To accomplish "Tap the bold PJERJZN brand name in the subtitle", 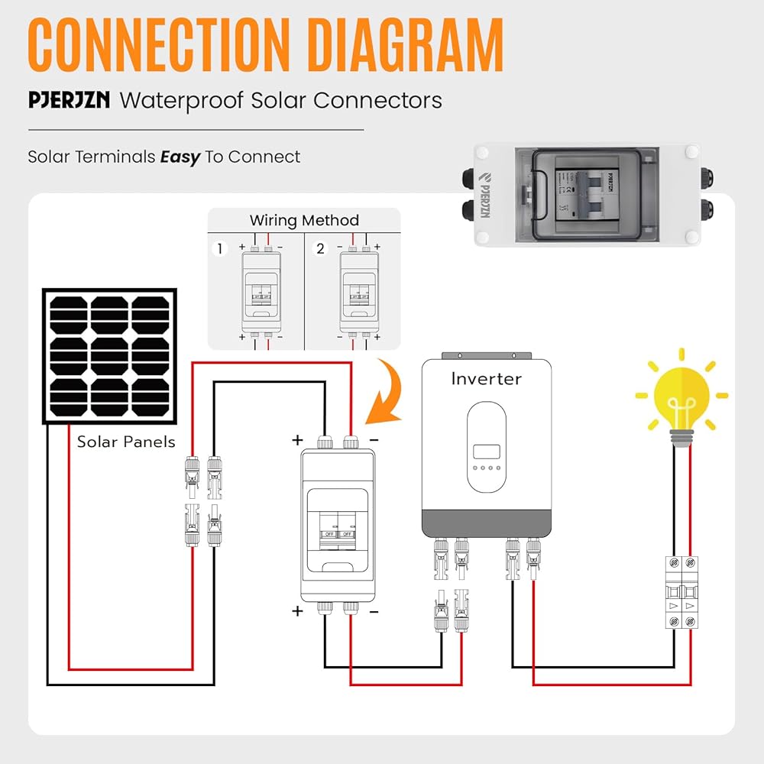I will pos(69,100).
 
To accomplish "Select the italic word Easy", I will pos(180,157).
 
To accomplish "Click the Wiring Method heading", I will pos(304,221).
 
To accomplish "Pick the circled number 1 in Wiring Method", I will pos(219,249).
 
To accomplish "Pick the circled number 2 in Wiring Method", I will pos(320,249).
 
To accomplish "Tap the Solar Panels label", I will pos(126,442).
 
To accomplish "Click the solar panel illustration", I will pos(110,355).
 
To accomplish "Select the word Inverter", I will pos(486,379).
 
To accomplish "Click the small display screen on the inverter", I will pos(486,452).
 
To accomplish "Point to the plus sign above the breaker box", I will pos(297,440).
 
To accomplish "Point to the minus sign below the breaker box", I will pos(374,611).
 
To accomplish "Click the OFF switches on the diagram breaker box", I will pos(338,533).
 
